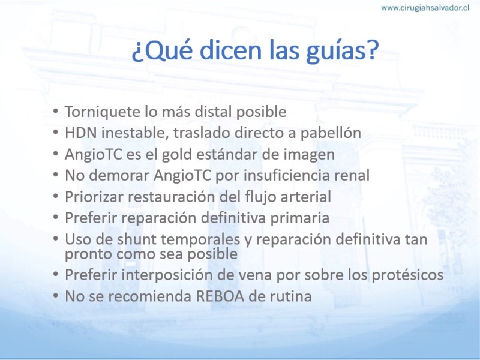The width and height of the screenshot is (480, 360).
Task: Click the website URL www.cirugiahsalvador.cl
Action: pyautogui.click(x=425, y=8)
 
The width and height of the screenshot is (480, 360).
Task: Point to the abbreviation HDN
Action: pyautogui.click(x=81, y=133)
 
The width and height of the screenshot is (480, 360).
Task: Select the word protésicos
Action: pyautogui.click(x=408, y=275)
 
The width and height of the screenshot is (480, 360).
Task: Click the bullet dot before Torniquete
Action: pyautogui.click(x=55, y=110)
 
